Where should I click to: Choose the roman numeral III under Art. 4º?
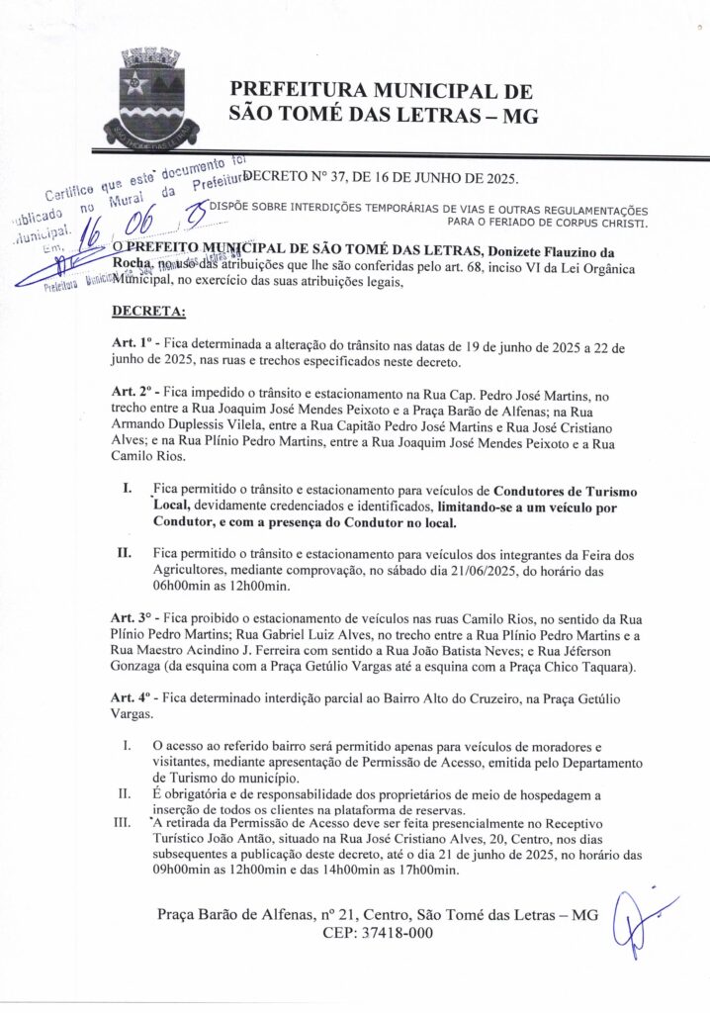click(x=126, y=822)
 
